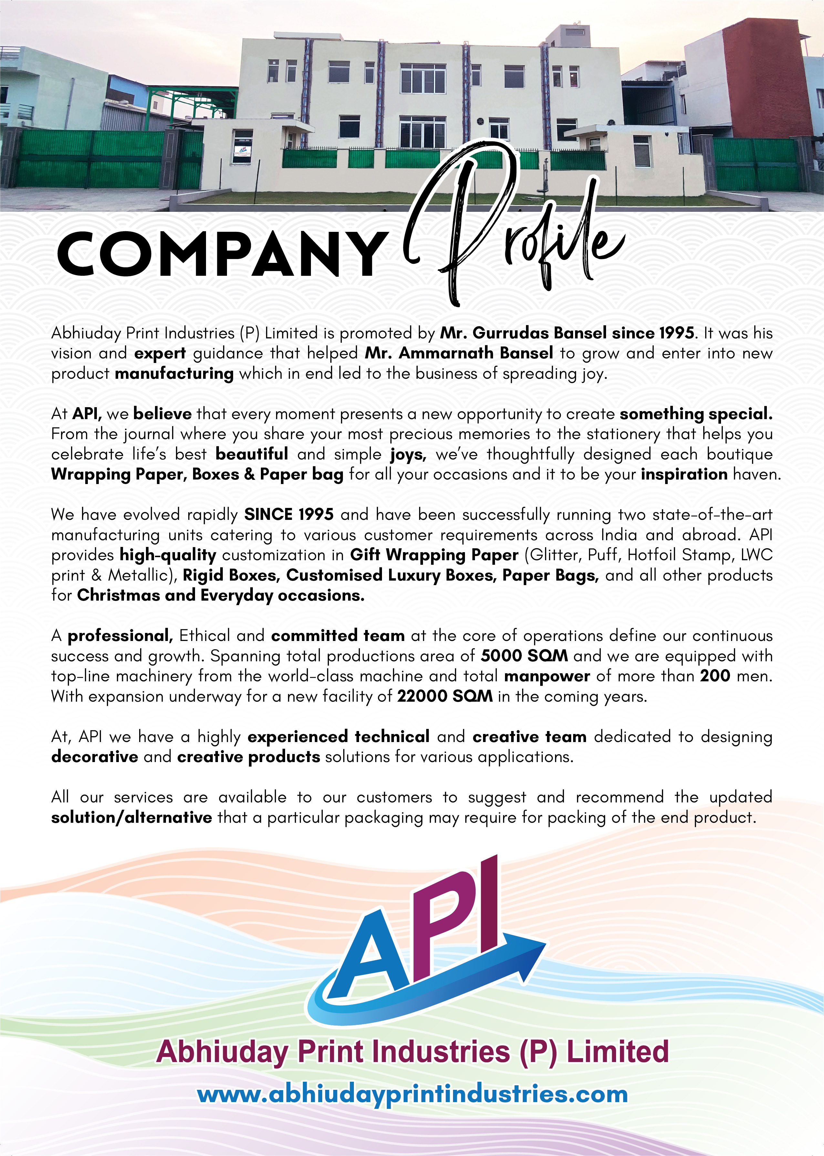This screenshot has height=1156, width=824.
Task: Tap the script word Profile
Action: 512,228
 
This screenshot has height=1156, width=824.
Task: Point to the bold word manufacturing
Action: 174,374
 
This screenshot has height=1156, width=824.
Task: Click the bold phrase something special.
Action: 695,414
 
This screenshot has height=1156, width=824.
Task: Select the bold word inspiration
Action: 684,474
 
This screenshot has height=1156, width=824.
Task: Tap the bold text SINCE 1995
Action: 289,515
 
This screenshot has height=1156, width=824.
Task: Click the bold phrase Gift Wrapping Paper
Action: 434,555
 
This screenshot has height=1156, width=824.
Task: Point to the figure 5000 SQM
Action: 524,655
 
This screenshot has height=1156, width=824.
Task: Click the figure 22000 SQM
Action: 445,696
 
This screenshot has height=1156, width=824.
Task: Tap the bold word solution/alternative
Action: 131,817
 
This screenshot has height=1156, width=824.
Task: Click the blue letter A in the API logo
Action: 370,954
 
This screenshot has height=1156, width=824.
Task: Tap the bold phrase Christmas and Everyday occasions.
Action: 221,595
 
